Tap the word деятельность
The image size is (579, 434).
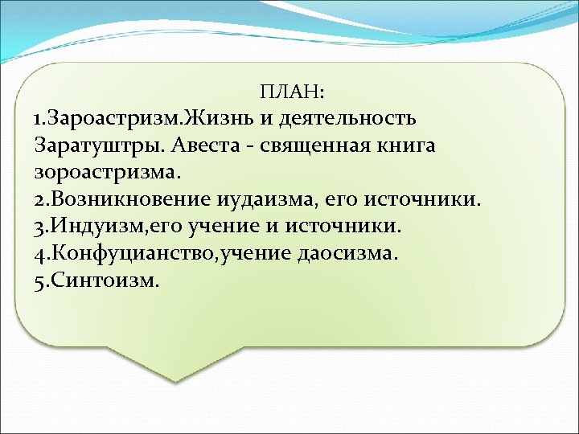[x=348, y=119]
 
